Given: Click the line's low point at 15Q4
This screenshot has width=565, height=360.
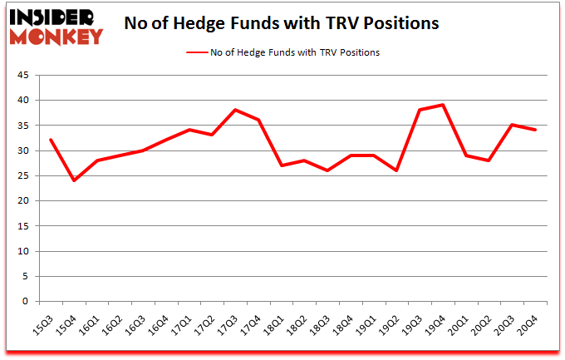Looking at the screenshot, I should point(74,180).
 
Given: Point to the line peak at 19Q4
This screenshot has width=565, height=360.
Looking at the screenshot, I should point(443,105).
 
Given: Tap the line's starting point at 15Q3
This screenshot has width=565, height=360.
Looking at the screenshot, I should point(52,140).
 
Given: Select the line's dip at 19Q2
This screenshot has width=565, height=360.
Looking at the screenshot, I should point(396,170).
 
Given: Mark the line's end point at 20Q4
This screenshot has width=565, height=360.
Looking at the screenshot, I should point(535,130).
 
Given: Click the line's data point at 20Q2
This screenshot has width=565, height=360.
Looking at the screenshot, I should point(489,160).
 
